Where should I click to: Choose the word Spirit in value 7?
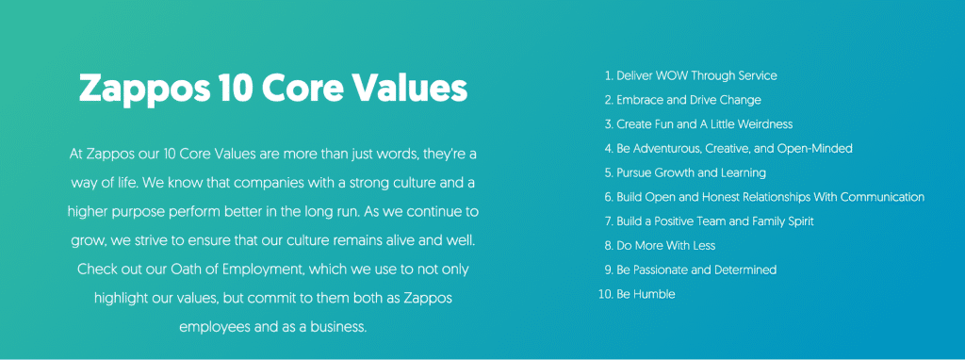tap(798, 221)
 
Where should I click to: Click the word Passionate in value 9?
tap(662, 270)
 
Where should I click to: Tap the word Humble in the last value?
tap(654, 294)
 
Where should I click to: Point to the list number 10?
tap(606, 294)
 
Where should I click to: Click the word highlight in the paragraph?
tap(120, 299)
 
